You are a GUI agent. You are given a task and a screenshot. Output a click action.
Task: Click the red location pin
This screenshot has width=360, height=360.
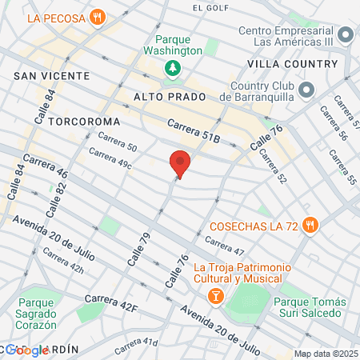[x=180, y=163]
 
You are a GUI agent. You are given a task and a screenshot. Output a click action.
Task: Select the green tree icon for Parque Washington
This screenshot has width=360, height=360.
[x=171, y=69]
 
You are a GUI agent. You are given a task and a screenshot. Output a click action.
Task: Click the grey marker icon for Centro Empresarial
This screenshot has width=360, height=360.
[x=346, y=35]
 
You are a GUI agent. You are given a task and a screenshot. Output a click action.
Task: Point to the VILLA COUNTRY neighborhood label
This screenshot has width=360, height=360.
[x=292, y=63]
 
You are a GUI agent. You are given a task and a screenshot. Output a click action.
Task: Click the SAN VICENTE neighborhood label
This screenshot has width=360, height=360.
[x=45, y=74]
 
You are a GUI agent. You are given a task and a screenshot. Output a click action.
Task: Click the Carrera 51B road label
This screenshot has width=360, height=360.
[x=193, y=130]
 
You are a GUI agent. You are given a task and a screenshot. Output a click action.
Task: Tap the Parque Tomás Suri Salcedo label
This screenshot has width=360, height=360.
[x=310, y=307]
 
